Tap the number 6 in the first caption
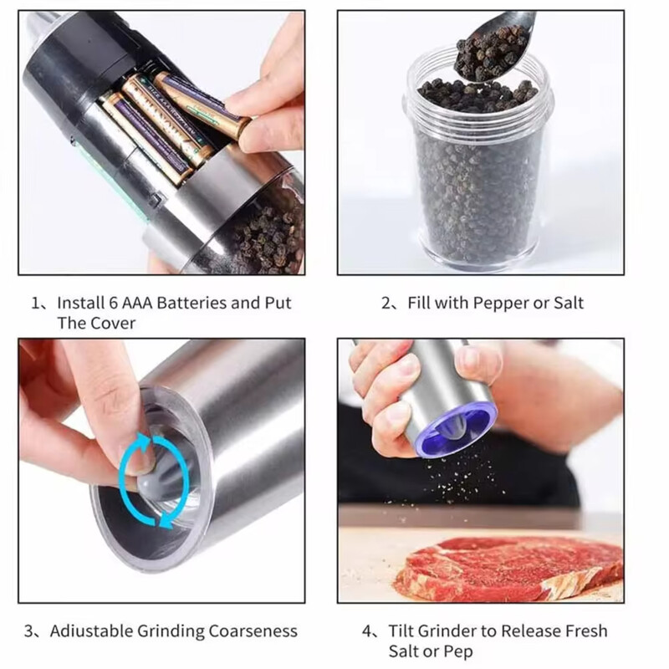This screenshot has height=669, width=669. (x=113, y=303)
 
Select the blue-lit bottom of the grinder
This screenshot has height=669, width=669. (x=456, y=428)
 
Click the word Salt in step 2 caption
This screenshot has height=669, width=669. (x=569, y=303)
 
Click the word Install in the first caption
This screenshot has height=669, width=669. (x=80, y=303)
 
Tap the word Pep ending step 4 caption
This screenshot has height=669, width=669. (x=457, y=652)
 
